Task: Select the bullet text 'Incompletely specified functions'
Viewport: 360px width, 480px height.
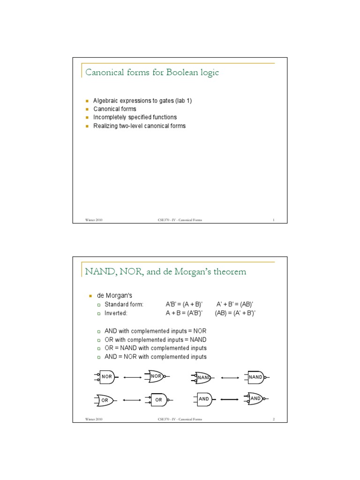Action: click(x=135, y=117)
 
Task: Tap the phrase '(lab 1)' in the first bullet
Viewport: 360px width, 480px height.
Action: click(x=183, y=101)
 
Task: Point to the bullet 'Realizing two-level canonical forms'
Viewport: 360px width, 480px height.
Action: click(x=139, y=126)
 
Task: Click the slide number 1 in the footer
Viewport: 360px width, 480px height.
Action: click(x=273, y=220)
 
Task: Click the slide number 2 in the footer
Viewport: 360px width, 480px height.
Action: click(x=273, y=419)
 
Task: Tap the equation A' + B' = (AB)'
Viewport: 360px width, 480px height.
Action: click(x=235, y=304)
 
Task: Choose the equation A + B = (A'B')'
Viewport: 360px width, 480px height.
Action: click(x=184, y=313)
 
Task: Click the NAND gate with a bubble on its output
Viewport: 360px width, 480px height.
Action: click(x=255, y=376)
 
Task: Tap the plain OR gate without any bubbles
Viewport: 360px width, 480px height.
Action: click(x=105, y=400)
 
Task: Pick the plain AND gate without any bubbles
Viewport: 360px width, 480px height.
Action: click(x=203, y=399)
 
